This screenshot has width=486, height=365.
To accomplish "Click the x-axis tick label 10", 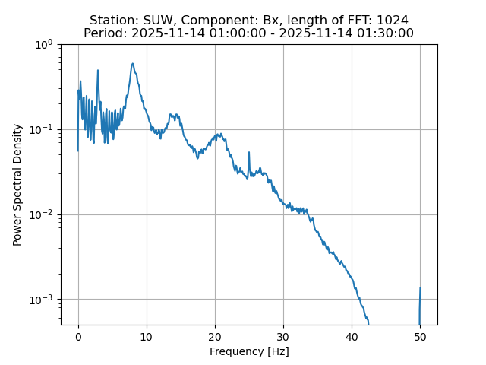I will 147,337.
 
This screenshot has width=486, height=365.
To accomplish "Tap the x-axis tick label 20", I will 215,337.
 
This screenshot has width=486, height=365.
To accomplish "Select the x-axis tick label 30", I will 283,337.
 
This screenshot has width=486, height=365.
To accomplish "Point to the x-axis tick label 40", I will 352,337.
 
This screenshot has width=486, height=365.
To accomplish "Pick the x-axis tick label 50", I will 420,337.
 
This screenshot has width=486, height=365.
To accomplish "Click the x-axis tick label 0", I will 78,337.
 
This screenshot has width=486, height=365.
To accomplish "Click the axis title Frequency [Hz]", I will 249,351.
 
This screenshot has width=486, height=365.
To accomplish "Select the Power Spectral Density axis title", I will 17,184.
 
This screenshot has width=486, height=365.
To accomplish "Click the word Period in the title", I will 103,33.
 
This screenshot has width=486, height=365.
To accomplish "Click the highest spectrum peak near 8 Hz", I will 132,64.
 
